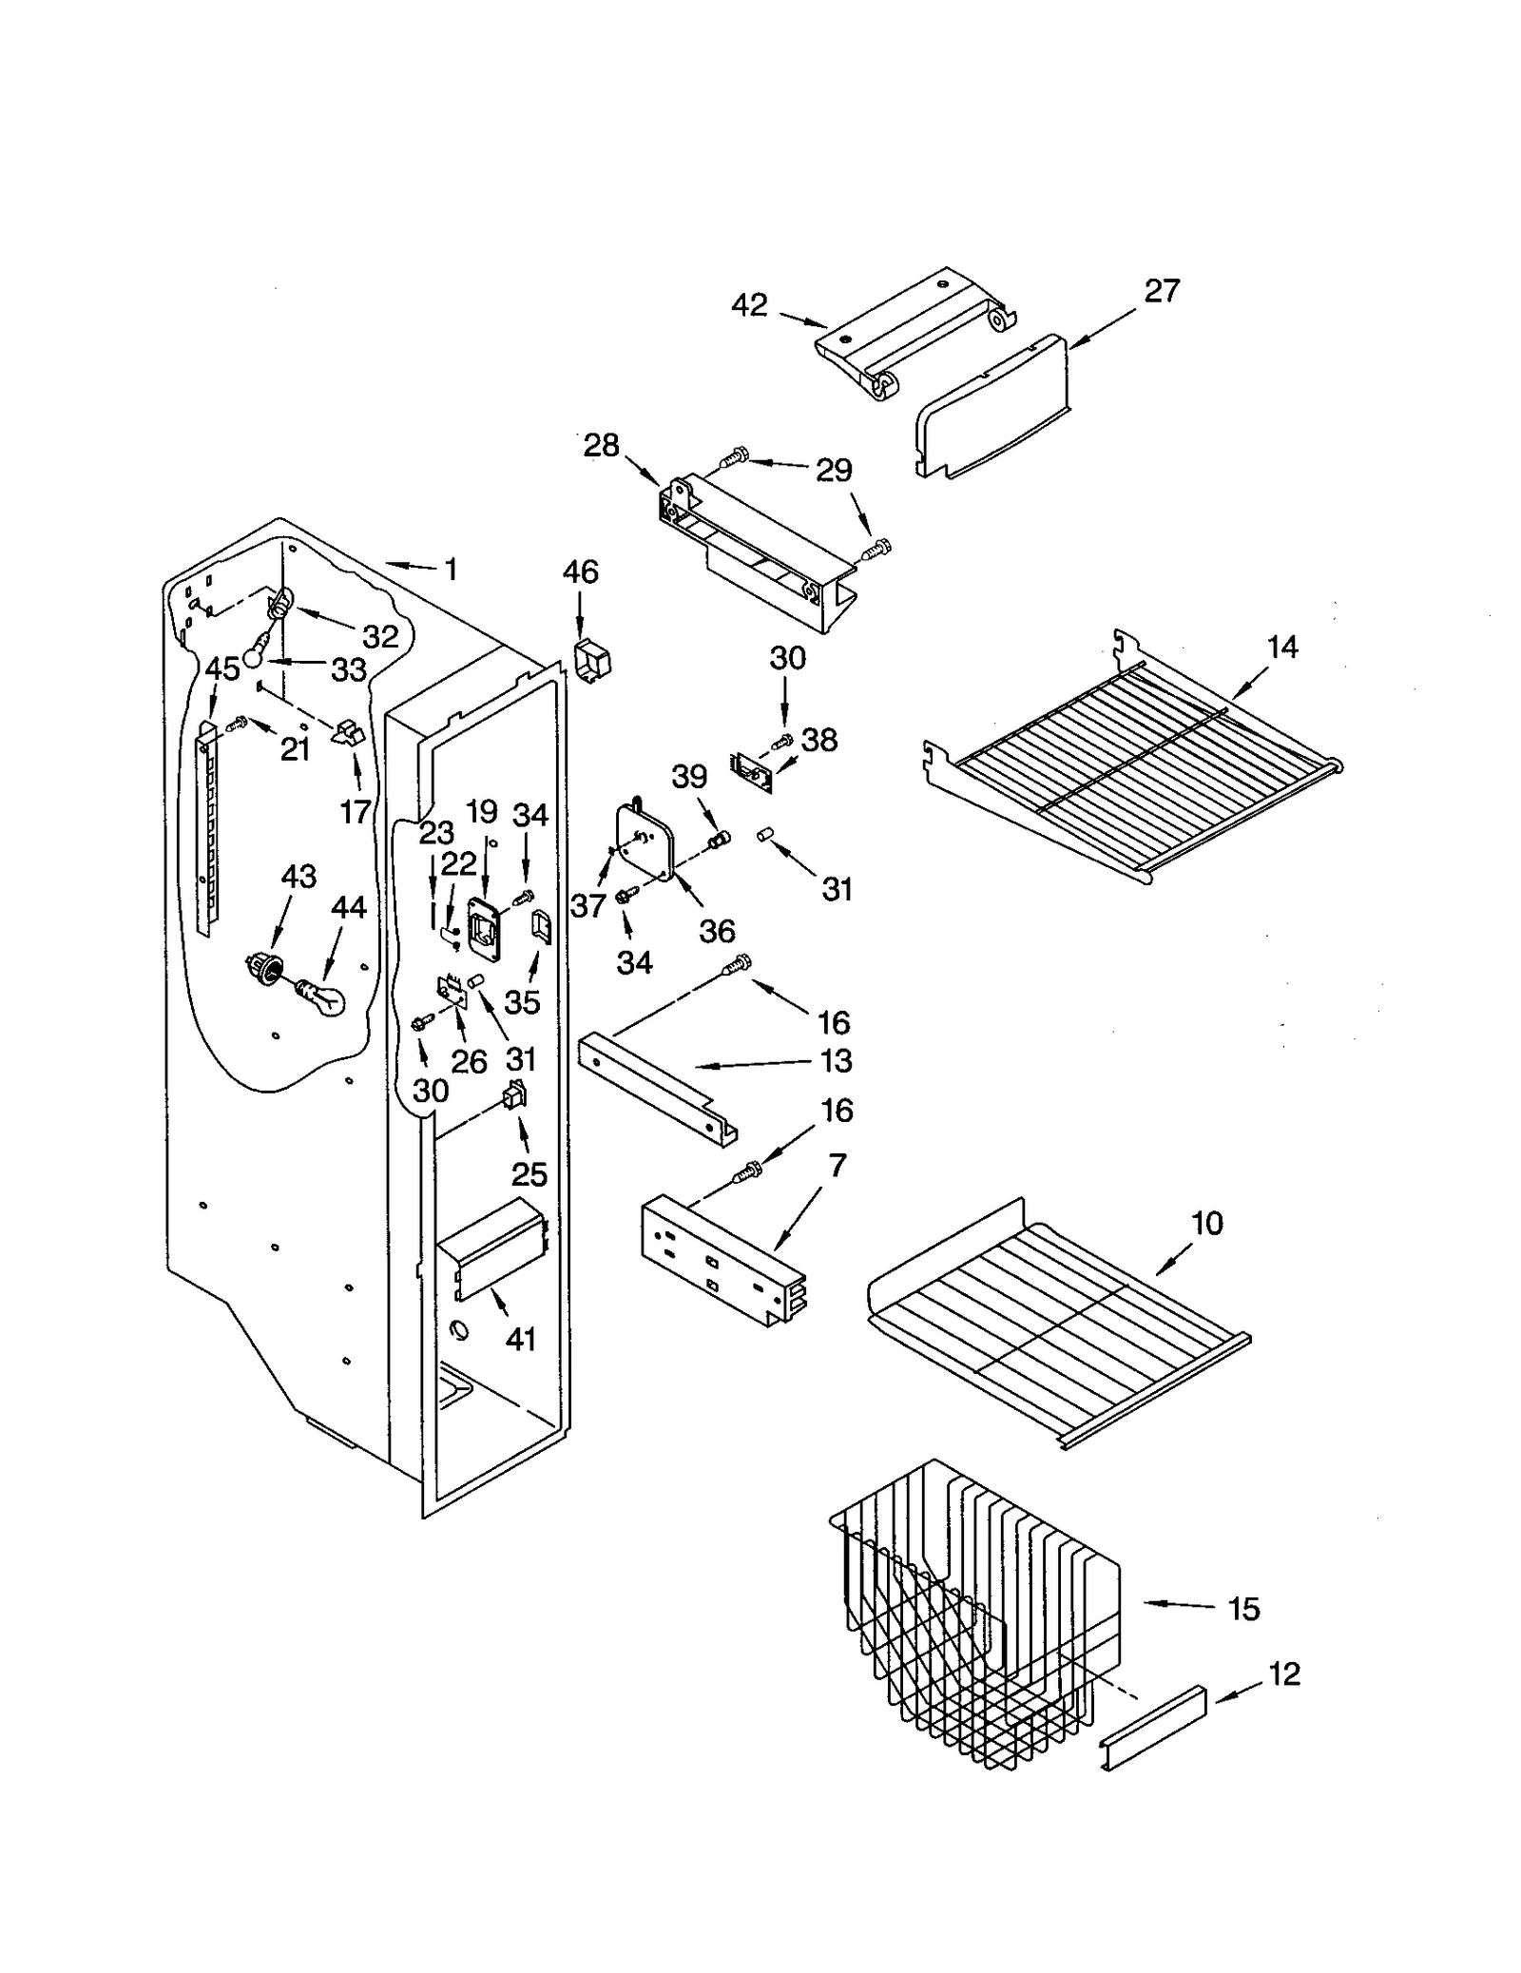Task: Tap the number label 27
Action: (x=1162, y=290)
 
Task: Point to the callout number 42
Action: (x=749, y=305)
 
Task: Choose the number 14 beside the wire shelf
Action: (x=1281, y=648)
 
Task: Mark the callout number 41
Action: (x=521, y=1339)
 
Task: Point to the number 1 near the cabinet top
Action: (x=452, y=570)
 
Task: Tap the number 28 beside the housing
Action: (x=601, y=445)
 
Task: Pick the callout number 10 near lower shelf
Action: (x=1207, y=1223)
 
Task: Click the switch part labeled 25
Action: (x=515, y=1098)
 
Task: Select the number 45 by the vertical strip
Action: (x=222, y=668)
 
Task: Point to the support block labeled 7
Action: (x=722, y=1260)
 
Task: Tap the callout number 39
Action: (x=689, y=776)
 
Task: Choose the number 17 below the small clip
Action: (x=355, y=811)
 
